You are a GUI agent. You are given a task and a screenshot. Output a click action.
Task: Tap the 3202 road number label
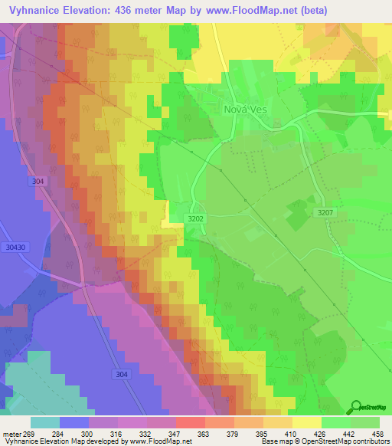[197, 218]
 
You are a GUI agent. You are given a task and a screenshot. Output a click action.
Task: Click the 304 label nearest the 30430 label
[38, 182]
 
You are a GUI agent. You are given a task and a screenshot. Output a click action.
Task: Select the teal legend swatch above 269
[45, 422]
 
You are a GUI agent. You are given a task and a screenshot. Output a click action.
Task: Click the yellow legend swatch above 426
[307, 422]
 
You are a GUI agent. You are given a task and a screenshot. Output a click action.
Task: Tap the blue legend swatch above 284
[74, 422]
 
